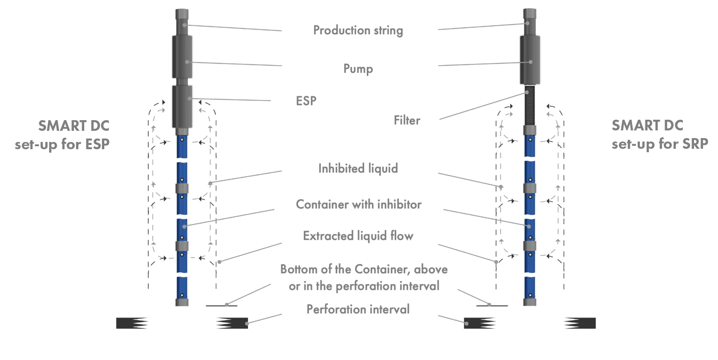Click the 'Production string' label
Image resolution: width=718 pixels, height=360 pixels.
[x=358, y=30]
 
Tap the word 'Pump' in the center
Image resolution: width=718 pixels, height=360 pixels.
[x=358, y=68]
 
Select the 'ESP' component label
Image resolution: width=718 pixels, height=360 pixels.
[x=306, y=101]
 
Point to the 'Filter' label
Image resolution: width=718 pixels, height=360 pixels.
[x=407, y=120]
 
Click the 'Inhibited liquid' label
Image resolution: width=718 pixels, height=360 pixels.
[x=358, y=168]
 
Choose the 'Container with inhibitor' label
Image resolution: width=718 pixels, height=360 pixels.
[x=358, y=204]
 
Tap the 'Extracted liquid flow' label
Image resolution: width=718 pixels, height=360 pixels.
[x=358, y=236]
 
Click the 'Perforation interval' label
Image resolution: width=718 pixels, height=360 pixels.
[x=358, y=309]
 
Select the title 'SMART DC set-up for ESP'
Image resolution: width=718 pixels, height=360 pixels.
[x=62, y=135]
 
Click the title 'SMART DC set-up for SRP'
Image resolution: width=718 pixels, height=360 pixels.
[x=660, y=134]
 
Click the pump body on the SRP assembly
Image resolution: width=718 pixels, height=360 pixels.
[x=530, y=59]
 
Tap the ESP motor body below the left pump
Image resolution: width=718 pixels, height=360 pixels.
[x=182, y=106]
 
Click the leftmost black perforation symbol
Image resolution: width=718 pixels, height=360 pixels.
[x=132, y=323]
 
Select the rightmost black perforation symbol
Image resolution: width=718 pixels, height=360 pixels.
[x=580, y=323]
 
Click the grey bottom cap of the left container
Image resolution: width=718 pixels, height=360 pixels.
[x=182, y=302]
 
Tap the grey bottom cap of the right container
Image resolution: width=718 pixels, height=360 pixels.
[x=530, y=302]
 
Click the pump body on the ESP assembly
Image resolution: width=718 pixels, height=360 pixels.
[x=182, y=57]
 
